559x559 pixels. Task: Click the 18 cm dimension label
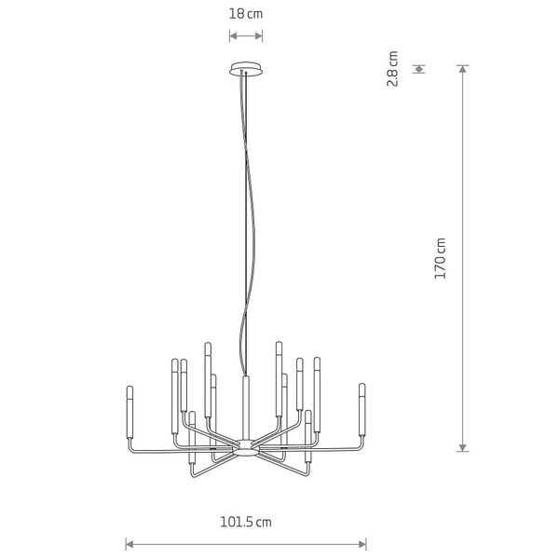pyautogui.click(x=246, y=13)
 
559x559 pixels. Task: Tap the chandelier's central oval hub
pyautogui.click(x=246, y=448)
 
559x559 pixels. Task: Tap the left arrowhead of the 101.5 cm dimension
pyautogui.click(x=130, y=543)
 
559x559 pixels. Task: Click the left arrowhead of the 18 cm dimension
pyautogui.click(x=233, y=36)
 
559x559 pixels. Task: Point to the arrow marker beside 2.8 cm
pyautogui.click(x=420, y=68)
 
